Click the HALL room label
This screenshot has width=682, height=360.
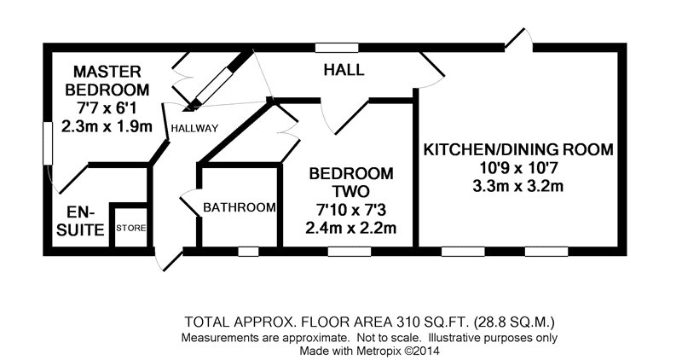click(x=344, y=70)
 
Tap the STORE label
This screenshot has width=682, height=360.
click(x=131, y=228)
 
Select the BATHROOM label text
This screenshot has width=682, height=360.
click(x=240, y=207)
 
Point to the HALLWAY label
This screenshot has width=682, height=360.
click(x=194, y=128)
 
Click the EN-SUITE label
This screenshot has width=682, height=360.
click(x=80, y=221)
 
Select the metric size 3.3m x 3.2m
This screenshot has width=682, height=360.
click(x=518, y=186)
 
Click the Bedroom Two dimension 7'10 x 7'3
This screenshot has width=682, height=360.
click(x=351, y=210)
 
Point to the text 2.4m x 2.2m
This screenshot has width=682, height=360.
click(x=351, y=228)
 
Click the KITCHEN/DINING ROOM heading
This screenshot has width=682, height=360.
click(x=518, y=149)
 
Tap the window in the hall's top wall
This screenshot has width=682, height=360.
click(x=337, y=48)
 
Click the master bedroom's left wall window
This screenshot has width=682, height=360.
click(x=48, y=143)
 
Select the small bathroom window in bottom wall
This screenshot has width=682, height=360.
click(x=248, y=251)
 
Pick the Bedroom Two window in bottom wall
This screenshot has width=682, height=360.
click(x=350, y=251)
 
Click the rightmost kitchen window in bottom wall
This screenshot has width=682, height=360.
click(x=546, y=251)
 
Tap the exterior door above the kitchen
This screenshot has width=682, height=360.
click(x=519, y=38)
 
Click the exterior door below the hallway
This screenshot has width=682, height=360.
click(x=169, y=260)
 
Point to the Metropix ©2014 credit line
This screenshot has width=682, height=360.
click(x=370, y=351)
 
